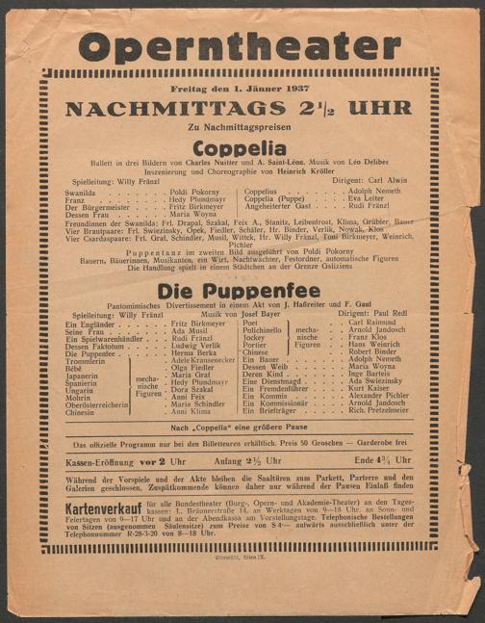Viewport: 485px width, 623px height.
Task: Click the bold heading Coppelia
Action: click(240, 148)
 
